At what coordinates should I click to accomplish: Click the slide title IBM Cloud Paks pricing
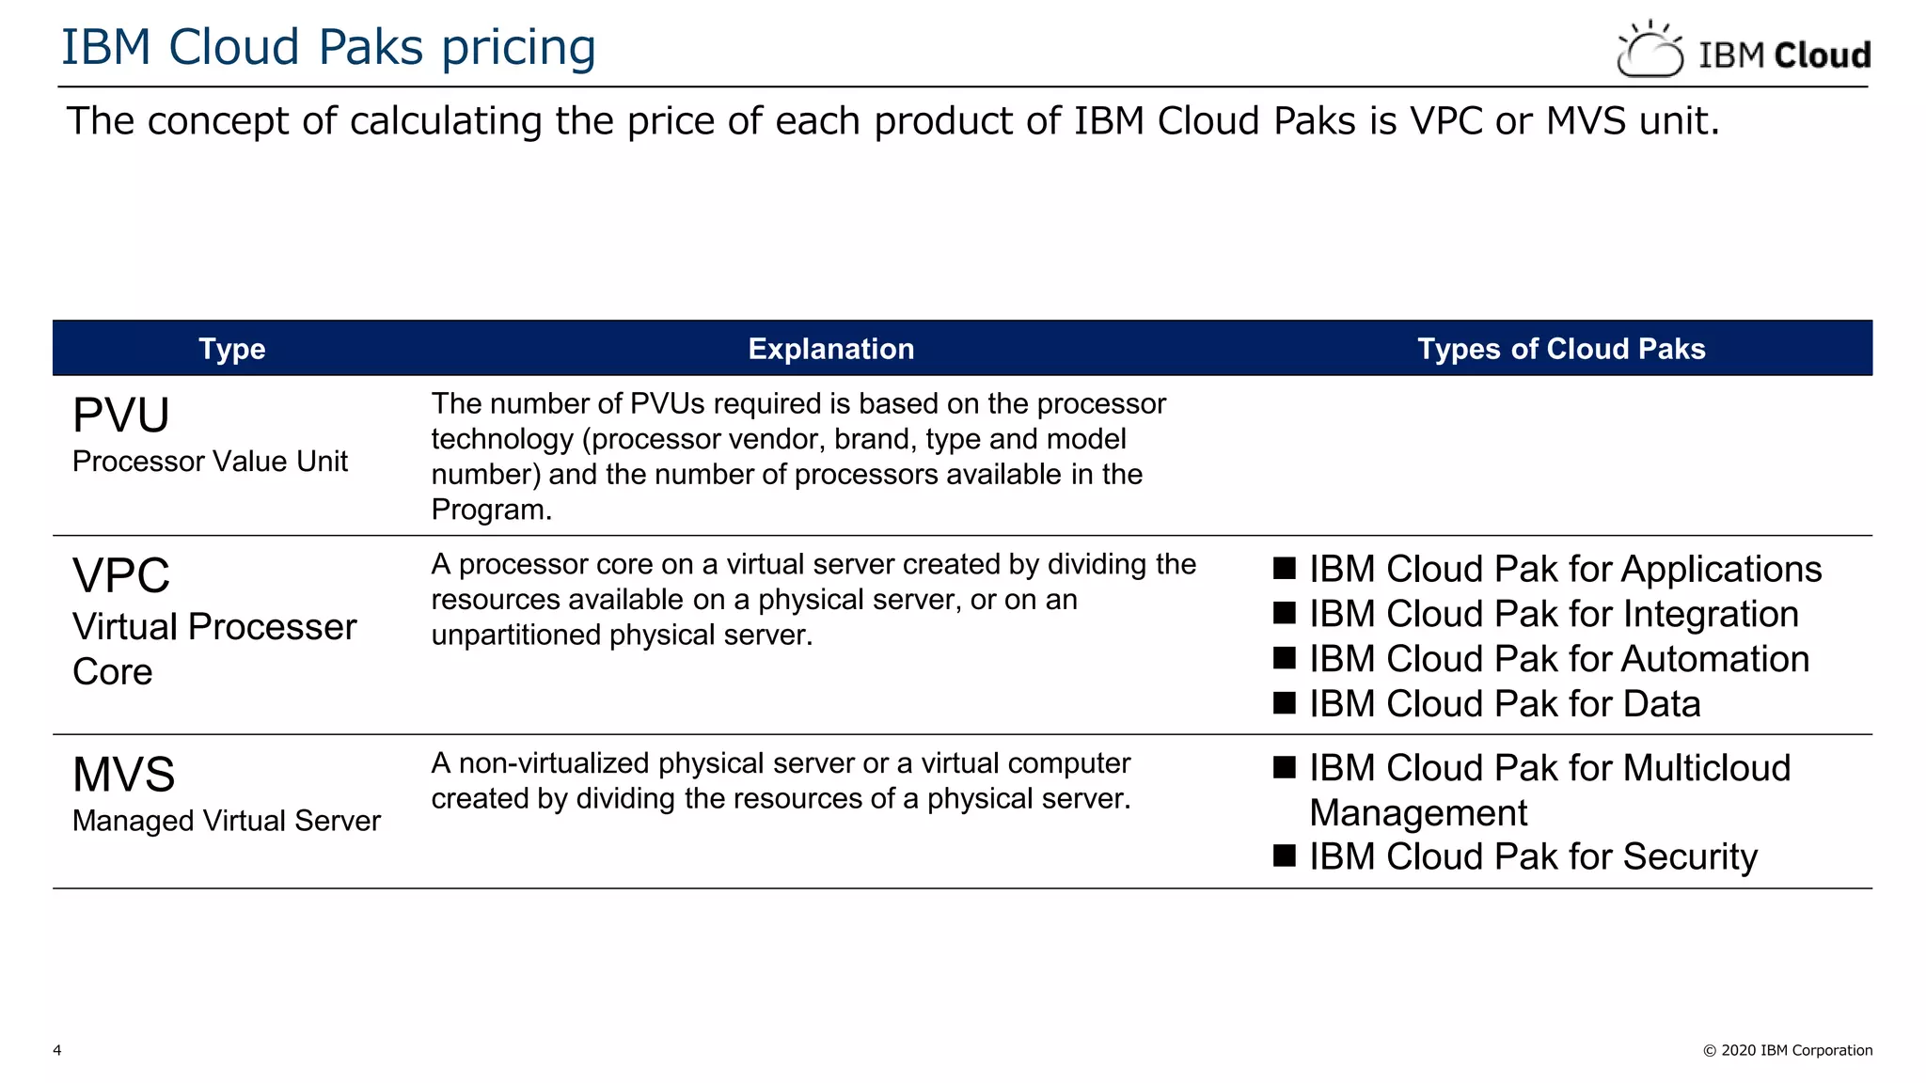pyautogui.click(x=328, y=47)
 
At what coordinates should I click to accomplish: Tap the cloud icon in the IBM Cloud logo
pyautogui.click(x=1650, y=51)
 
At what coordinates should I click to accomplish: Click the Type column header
pyautogui.click(x=231, y=349)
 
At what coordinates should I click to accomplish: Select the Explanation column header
pyautogui.click(x=830, y=349)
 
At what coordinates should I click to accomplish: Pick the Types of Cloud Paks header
pyautogui.click(x=1560, y=349)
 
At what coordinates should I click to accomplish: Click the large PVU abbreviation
pyautogui.click(x=121, y=416)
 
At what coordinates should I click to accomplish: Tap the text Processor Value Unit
pyautogui.click(x=210, y=462)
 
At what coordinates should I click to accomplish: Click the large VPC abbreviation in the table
pyautogui.click(x=121, y=575)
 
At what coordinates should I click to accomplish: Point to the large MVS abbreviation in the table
pyautogui.click(x=123, y=775)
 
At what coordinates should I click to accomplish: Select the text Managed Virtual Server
pyautogui.click(x=226, y=821)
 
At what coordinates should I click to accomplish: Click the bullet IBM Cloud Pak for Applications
pyautogui.click(x=1565, y=570)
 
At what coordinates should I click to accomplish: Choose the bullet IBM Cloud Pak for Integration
pyautogui.click(x=1554, y=614)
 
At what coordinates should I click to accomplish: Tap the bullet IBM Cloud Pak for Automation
pyautogui.click(x=1558, y=659)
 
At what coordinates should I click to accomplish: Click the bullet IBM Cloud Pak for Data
pyautogui.click(x=1505, y=704)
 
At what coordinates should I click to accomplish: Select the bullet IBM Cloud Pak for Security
pyautogui.click(x=1533, y=856)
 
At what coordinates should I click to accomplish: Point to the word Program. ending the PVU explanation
pyautogui.click(x=491, y=510)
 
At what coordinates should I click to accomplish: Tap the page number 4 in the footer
pyautogui.click(x=57, y=1050)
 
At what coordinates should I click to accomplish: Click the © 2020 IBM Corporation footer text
pyautogui.click(x=1787, y=1050)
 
